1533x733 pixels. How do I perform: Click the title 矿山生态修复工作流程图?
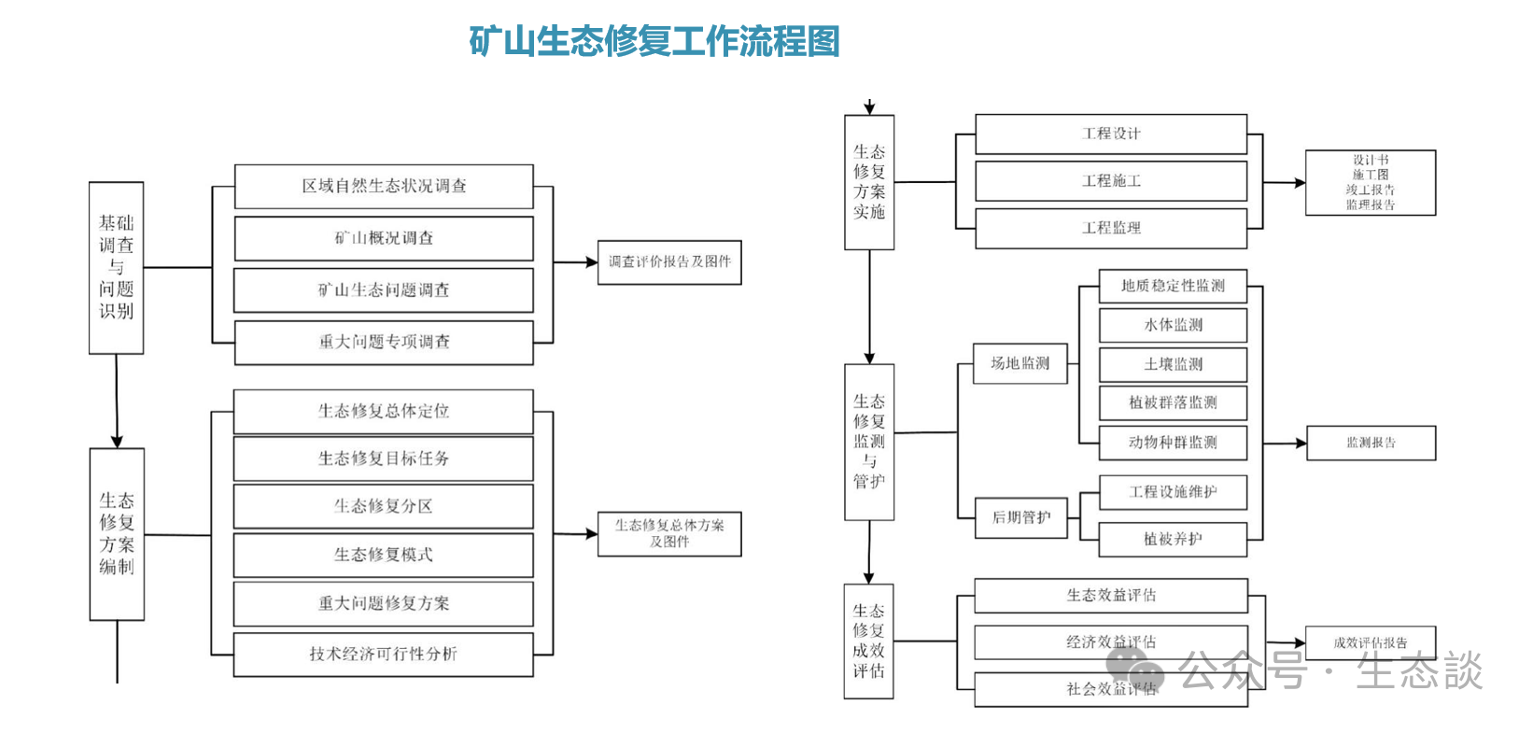click(x=654, y=42)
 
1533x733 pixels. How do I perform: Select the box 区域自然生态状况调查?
click(x=384, y=187)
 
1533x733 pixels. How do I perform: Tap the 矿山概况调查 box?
click(x=384, y=239)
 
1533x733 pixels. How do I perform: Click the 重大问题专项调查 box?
click(x=384, y=343)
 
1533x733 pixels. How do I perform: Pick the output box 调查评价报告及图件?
click(x=668, y=262)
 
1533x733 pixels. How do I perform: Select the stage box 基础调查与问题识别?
click(x=117, y=268)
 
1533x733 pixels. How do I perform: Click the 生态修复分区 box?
click(x=384, y=507)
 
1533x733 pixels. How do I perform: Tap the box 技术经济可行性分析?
click(x=384, y=655)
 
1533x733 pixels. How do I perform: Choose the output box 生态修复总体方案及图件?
click(x=668, y=534)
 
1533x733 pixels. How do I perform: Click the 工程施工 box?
click(x=1111, y=181)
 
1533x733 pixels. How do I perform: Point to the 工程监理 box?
click(x=1111, y=228)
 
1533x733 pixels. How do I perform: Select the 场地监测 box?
click(x=1020, y=363)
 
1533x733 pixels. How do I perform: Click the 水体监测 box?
click(x=1173, y=325)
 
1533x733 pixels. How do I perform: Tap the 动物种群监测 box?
click(x=1173, y=443)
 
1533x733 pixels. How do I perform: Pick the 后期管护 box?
click(x=1020, y=517)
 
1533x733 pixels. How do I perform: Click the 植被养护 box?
click(x=1173, y=539)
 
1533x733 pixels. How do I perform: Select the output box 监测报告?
click(x=1371, y=444)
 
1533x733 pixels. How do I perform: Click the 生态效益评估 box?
click(x=1111, y=596)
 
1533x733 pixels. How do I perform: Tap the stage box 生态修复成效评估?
click(x=868, y=641)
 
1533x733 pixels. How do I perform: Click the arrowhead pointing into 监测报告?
click(x=1300, y=444)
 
